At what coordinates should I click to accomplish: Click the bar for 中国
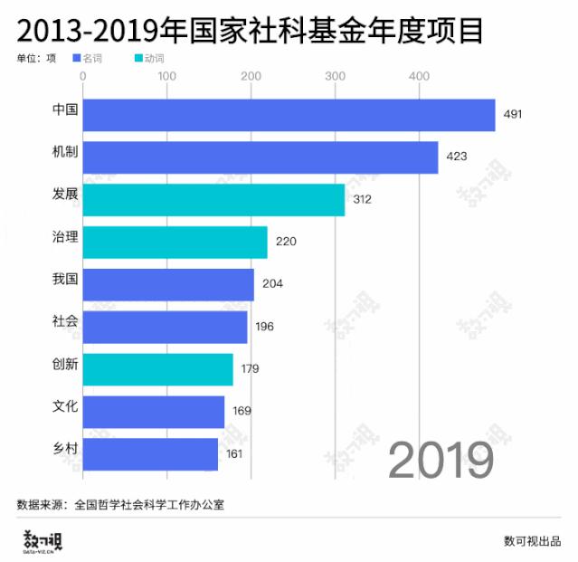pyautogui.click(x=289, y=115)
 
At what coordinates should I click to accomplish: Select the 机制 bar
pyautogui.click(x=261, y=157)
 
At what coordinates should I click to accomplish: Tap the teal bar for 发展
pyautogui.click(x=213, y=200)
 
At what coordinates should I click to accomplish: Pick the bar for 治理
pyautogui.click(x=175, y=242)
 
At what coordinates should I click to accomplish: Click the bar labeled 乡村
pyautogui.click(x=150, y=453)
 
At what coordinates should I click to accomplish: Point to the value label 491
pyautogui.click(x=514, y=115)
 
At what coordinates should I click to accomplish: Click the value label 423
pyautogui.click(x=456, y=157)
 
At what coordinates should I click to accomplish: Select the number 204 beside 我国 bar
pyautogui.click(x=272, y=284)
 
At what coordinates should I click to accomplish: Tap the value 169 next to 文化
pyautogui.click(x=242, y=411)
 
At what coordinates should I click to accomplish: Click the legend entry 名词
pyautogui.click(x=92, y=59)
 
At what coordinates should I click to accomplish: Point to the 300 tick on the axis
pyautogui.click(x=334, y=76)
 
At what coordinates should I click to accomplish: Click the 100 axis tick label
pyautogui.click(x=167, y=76)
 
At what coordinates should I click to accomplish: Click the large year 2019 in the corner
pyautogui.click(x=441, y=461)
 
